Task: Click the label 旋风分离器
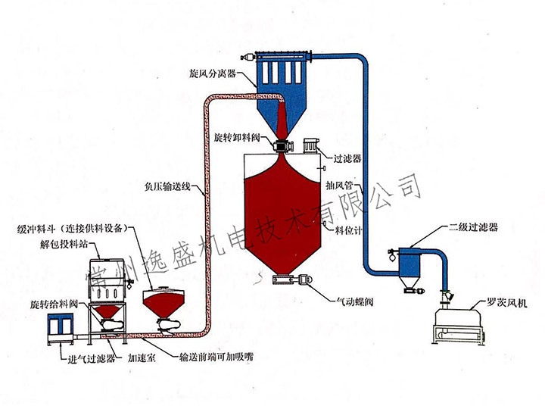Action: click(214, 76)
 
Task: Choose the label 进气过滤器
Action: click(90, 359)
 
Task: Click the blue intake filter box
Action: click(57, 326)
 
